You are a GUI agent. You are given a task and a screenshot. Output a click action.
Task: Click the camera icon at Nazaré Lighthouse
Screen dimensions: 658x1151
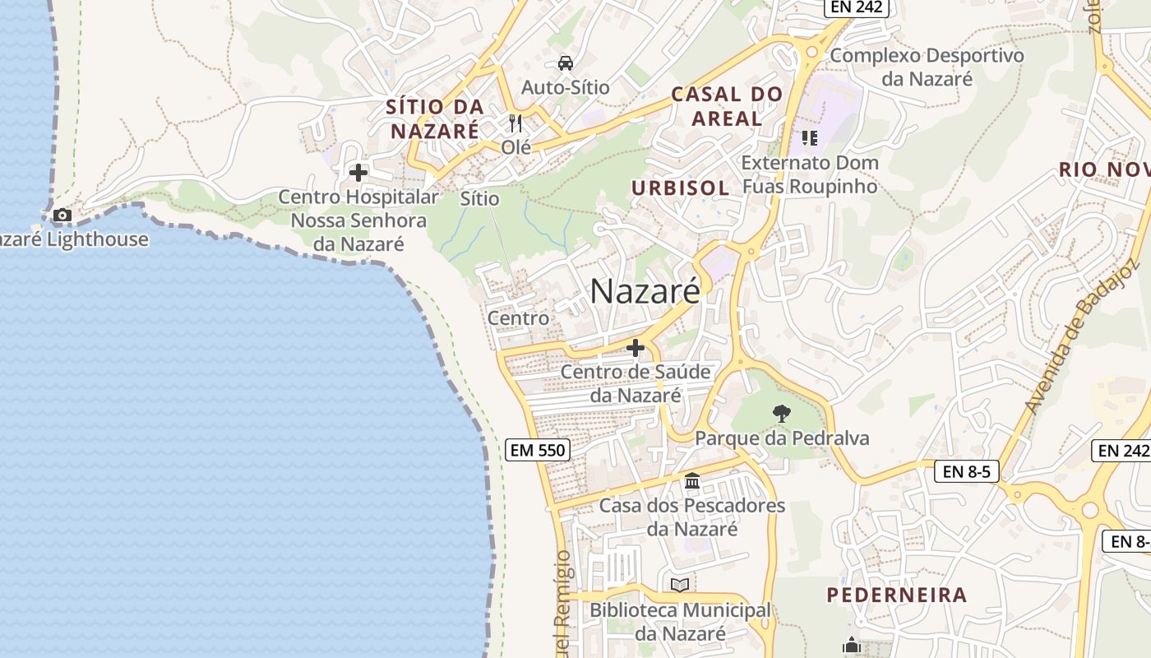point(62,215)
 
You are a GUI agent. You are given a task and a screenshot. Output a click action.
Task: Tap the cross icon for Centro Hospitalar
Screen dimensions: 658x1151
point(358,173)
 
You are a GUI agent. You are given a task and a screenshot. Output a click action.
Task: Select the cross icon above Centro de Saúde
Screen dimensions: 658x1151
point(635,349)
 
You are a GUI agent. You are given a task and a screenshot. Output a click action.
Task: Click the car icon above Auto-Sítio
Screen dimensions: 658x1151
point(566,63)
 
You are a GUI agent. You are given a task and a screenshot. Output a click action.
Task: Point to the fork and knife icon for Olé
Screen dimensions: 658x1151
point(515,124)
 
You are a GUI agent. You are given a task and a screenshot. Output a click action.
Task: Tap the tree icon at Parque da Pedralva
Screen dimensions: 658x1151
point(781,414)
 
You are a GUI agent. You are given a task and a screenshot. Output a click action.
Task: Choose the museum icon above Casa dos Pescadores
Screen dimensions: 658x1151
point(692,481)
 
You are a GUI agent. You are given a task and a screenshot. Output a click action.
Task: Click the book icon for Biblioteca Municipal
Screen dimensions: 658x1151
point(680,585)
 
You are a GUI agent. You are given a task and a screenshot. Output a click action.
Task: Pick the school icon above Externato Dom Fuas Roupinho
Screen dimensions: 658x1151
point(810,138)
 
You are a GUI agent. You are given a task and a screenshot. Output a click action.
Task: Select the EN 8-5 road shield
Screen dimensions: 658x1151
point(966,472)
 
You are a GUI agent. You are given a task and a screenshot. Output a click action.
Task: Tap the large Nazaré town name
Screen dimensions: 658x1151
point(645,291)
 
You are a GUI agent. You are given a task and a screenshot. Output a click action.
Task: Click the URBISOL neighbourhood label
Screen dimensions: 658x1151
point(680,188)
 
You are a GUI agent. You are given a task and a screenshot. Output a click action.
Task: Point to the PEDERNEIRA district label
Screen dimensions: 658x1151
point(896,595)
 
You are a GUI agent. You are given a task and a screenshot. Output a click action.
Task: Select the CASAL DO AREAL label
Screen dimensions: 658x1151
point(727,106)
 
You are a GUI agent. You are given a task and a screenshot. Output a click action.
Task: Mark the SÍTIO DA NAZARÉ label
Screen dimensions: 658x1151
point(435,118)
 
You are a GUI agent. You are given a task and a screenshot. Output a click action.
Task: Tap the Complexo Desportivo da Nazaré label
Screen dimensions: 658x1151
point(927,67)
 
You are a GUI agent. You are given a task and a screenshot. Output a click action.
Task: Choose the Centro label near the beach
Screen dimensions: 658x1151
point(518,317)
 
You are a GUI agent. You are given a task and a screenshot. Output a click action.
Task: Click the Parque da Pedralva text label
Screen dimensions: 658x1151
point(782,438)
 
